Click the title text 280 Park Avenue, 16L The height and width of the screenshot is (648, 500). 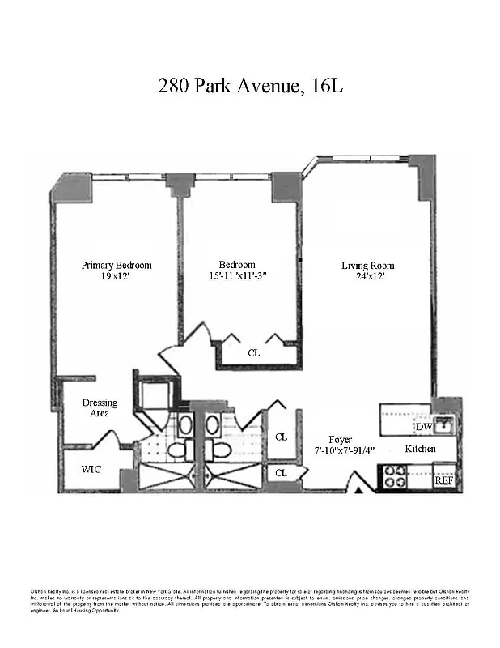click(x=250, y=85)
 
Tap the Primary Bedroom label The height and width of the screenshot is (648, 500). click(x=116, y=265)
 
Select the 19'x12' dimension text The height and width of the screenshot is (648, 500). click(x=116, y=277)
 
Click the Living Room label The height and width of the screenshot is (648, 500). click(x=368, y=265)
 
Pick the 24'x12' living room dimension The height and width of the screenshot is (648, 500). click(x=368, y=277)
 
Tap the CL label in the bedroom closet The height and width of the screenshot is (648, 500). click(x=254, y=353)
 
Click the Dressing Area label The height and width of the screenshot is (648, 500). click(x=100, y=407)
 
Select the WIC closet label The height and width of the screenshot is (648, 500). click(x=91, y=469)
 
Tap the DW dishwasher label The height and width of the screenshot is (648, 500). click(x=424, y=427)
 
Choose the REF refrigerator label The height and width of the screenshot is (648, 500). click(x=443, y=480)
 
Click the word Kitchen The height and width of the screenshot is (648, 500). click(x=420, y=449)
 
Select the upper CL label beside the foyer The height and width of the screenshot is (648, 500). click(x=281, y=437)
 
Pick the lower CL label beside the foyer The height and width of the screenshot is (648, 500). click(x=281, y=472)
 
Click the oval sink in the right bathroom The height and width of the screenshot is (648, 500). click(x=212, y=424)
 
